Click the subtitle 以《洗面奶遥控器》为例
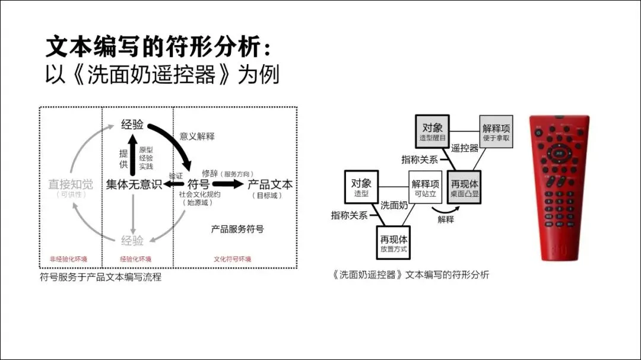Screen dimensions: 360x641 tap(162, 75)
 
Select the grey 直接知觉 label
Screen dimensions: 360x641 tap(71, 184)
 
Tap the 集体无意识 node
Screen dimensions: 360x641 tap(134, 184)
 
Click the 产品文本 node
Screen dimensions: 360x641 tap(270, 184)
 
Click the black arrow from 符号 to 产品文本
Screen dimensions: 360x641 tap(228, 184)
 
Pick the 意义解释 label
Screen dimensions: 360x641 tap(197, 136)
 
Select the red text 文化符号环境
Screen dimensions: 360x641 tap(232, 259)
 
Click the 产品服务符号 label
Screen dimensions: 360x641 tap(237, 229)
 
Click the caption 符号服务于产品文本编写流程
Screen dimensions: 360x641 tap(100, 277)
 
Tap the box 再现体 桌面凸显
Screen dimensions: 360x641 tap(465, 188)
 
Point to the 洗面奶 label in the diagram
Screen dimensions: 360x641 tap(394, 206)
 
